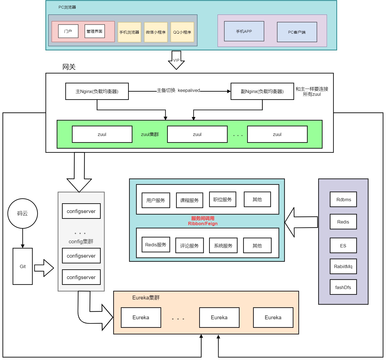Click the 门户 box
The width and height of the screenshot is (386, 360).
pyautogui.click(x=68, y=31)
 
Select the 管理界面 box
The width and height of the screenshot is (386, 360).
pyautogui.click(x=95, y=31)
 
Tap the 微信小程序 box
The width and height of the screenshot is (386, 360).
pyautogui.click(x=156, y=32)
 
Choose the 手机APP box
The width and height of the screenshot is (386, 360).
pyautogui.click(x=244, y=31)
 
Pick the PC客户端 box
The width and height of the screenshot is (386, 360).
pyautogui.click(x=297, y=32)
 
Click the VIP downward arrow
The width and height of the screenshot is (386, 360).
pyautogui.click(x=176, y=60)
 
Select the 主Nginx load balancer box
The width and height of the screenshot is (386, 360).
pyautogui.click(x=97, y=91)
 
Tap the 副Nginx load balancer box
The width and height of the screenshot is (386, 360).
pyautogui.click(x=262, y=91)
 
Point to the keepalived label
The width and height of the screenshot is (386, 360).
pyautogui.click(x=189, y=90)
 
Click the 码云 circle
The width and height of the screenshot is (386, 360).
pyautogui.click(x=23, y=213)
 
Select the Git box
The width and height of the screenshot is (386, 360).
pyautogui.click(x=23, y=266)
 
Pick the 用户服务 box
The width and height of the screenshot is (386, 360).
pyautogui.click(x=156, y=200)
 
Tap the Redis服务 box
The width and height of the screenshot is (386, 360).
pyautogui.click(x=156, y=245)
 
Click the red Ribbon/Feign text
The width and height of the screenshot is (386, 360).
pyautogui.click(x=203, y=223)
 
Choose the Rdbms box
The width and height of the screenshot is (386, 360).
pyautogui.click(x=343, y=200)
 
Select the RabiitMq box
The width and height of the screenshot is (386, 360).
pyautogui.click(x=343, y=266)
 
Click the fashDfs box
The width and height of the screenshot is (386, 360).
pyautogui.click(x=343, y=287)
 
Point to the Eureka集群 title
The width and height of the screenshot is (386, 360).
pyautogui.click(x=146, y=298)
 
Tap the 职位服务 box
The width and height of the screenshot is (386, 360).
pyautogui.click(x=223, y=200)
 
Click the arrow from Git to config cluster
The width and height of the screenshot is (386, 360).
pyautogui.click(x=44, y=268)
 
